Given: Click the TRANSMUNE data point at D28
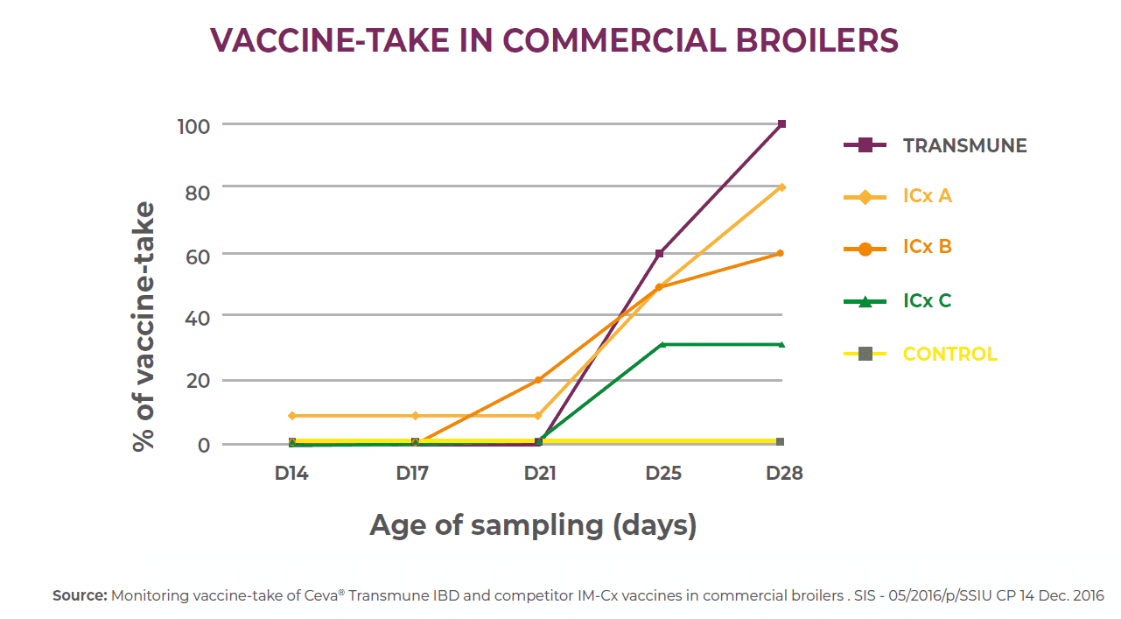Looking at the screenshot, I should click(x=781, y=124).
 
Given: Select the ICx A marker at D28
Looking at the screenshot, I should click(x=781, y=186).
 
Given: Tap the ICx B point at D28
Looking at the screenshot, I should click(x=781, y=253).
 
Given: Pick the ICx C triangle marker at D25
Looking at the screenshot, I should click(x=662, y=344).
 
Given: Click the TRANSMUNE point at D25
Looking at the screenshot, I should click(x=659, y=254).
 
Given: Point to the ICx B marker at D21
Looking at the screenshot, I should click(x=538, y=380).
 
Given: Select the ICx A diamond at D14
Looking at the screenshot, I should click(x=292, y=416).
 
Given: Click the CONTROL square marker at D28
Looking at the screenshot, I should click(x=780, y=441).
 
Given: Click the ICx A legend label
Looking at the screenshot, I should click(x=927, y=196).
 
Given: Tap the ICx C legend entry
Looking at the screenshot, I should click(x=927, y=301).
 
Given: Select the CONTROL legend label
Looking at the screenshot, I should click(x=949, y=355).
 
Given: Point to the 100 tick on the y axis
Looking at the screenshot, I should click(x=193, y=126).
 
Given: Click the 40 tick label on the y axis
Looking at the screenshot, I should click(x=198, y=317).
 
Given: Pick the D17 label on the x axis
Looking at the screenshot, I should click(x=412, y=474).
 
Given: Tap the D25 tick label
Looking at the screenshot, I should click(x=663, y=474).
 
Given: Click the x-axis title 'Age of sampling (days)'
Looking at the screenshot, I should click(x=533, y=525).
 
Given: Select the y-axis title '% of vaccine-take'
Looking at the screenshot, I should click(x=144, y=326).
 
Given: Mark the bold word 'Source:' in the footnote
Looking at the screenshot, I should click(x=80, y=595).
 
